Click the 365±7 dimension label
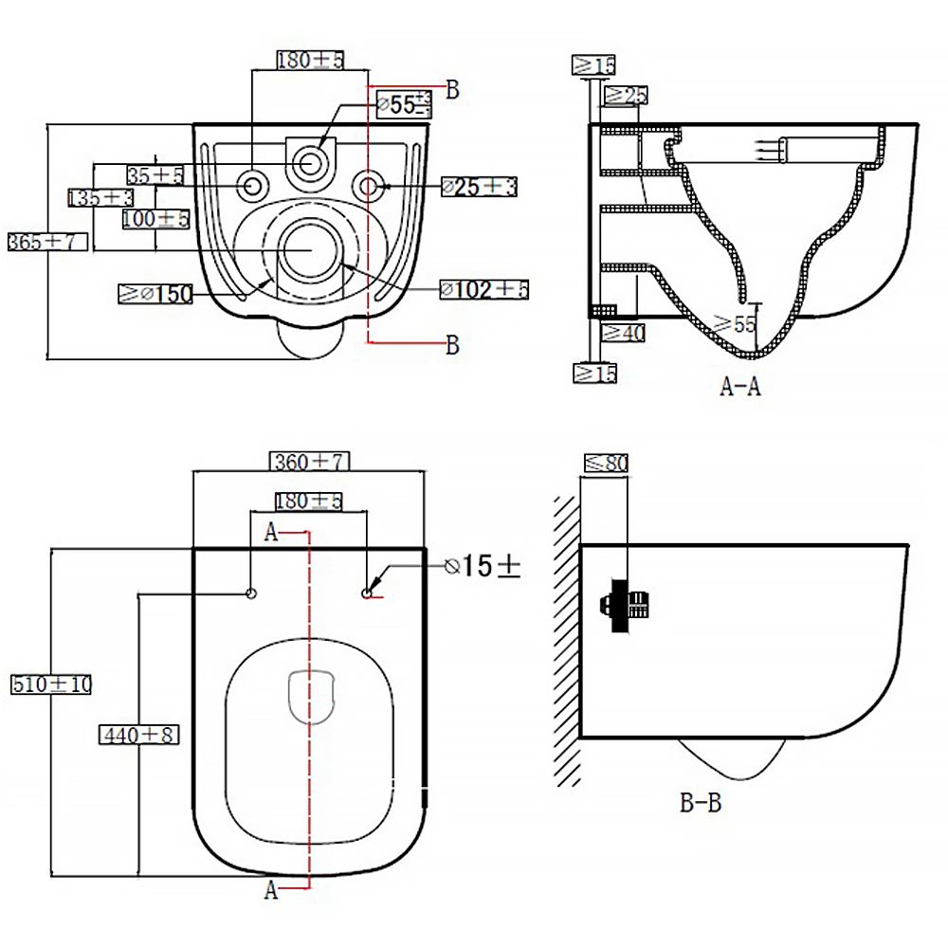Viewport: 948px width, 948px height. point(46,242)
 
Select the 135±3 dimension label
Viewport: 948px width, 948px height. point(100,197)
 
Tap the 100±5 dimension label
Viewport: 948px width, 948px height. point(156,219)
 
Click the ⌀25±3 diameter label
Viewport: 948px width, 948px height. point(479,187)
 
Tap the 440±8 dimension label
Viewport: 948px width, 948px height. point(138,734)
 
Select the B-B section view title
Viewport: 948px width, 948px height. point(701,804)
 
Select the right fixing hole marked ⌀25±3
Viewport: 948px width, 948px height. point(370,184)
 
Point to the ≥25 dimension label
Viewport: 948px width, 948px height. point(625,95)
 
